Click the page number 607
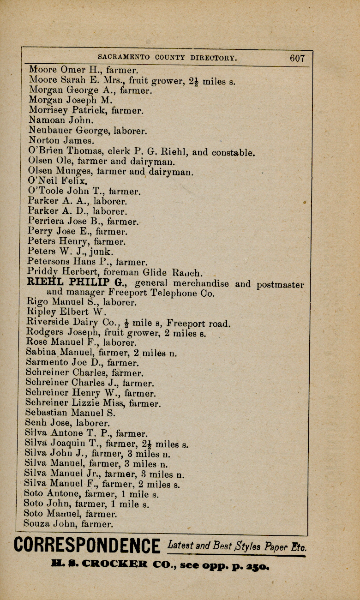[297, 58]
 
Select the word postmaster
[280, 284]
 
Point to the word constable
[233, 152]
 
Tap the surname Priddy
[42, 272]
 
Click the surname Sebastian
[46, 412]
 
